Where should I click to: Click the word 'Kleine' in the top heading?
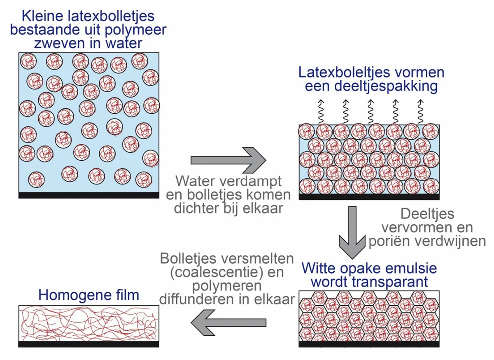[42, 16]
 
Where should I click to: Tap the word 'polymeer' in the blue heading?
[135, 30]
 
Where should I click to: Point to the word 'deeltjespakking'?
[386, 86]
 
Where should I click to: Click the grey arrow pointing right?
[228, 160]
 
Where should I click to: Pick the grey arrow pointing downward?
[352, 232]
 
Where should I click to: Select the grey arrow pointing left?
[228, 323]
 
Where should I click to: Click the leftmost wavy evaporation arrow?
[321, 112]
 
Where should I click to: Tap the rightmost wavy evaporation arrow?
[421, 112]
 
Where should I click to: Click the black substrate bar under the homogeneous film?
[89, 344]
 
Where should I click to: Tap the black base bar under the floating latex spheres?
[89, 195]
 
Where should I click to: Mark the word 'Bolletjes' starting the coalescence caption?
[188, 259]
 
